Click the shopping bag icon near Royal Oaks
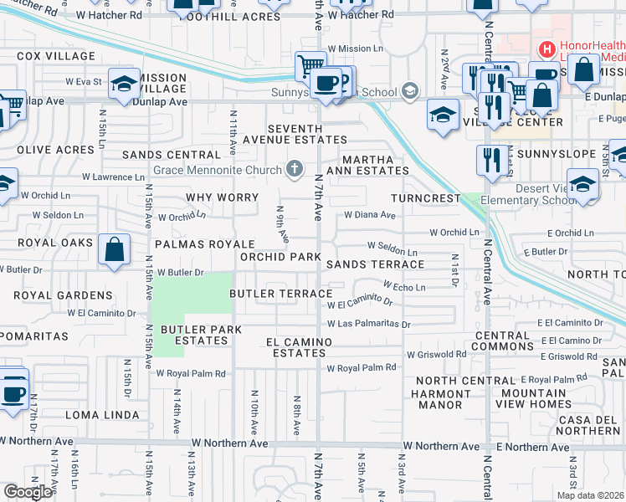point(114,248)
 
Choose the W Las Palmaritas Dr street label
point(368,324)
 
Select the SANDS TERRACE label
point(375,264)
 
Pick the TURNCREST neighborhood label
point(426,198)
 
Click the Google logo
point(28,492)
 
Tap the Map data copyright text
point(591,495)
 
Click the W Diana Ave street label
point(369,214)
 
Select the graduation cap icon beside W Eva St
point(123,85)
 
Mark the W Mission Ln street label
point(356,49)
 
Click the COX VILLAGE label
point(54,56)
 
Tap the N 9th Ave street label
point(283,224)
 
